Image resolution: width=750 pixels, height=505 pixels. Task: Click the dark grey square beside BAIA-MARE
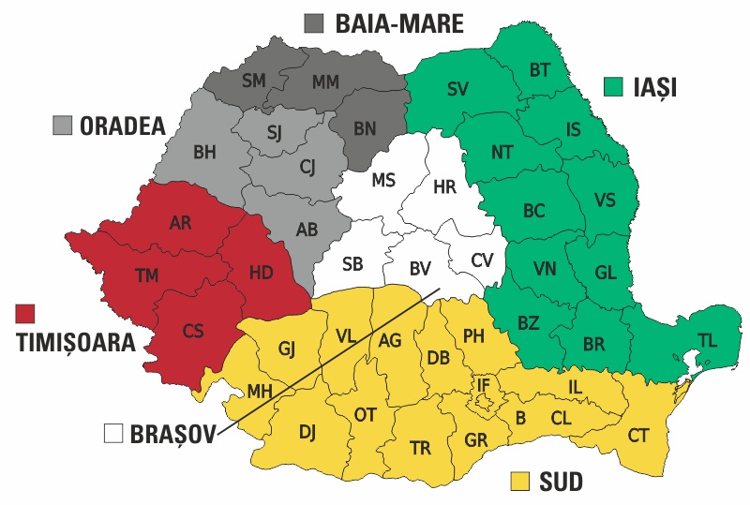pyautogui.click(x=314, y=24)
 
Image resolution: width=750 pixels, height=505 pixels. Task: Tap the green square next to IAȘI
pyautogui.click(x=613, y=88)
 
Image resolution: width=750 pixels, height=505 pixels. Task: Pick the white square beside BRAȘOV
pyautogui.click(x=114, y=434)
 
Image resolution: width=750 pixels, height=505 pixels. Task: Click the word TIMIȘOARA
pyautogui.click(x=76, y=343)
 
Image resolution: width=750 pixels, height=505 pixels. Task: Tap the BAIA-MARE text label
pyautogui.click(x=399, y=24)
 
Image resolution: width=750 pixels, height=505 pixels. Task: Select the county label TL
pyautogui.click(x=707, y=342)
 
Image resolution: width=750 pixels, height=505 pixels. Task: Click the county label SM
pyautogui.click(x=253, y=81)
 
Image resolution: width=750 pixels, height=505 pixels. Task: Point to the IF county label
pyautogui.click(x=483, y=384)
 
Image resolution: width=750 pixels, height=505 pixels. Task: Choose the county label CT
pyautogui.click(x=638, y=435)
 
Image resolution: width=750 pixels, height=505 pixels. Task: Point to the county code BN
pyautogui.click(x=365, y=127)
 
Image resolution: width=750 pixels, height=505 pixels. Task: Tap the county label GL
pyautogui.click(x=606, y=273)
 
